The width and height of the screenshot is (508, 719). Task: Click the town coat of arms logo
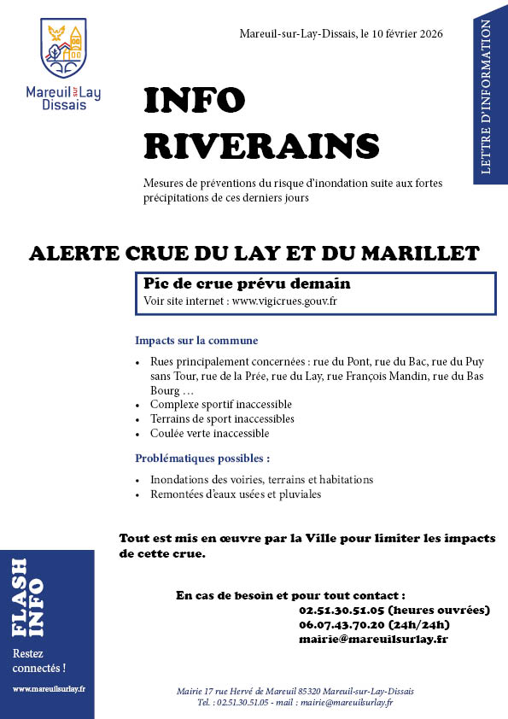64,50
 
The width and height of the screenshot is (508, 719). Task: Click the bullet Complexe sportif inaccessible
221,404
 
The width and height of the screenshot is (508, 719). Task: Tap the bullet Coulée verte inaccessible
209,433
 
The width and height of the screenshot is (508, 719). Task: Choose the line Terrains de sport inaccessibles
222,418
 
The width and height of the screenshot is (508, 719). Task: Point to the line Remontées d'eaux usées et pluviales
236,494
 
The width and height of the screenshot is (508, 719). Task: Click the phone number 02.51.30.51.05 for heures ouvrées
340,610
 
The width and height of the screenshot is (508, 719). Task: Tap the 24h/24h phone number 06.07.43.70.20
340,624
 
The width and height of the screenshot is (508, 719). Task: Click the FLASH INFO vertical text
28,598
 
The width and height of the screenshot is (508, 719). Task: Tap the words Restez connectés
38,660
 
